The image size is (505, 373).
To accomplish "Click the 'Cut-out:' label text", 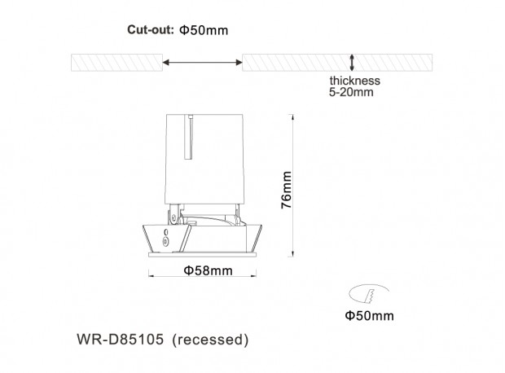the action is [x=151, y=29].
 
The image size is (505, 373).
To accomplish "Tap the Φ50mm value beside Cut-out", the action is [x=204, y=30].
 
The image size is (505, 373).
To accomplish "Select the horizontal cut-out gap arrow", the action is [x=202, y=62].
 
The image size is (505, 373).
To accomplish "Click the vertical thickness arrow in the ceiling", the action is [x=352, y=63].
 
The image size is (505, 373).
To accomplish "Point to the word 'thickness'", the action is [x=354, y=81].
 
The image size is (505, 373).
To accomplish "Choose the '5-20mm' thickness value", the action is [x=351, y=92].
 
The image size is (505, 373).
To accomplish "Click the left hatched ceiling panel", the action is [x=117, y=63].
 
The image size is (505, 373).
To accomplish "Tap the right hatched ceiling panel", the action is [x=337, y=63].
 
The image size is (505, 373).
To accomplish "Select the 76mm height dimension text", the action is [x=287, y=190].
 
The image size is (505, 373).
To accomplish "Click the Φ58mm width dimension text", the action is [x=208, y=270].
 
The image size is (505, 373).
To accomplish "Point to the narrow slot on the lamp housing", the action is [x=189, y=137].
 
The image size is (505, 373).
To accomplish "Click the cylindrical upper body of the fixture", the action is [x=204, y=159].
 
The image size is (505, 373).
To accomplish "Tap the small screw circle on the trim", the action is [x=166, y=241].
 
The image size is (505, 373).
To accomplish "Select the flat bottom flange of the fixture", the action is [x=202, y=254].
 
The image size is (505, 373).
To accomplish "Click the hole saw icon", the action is [x=369, y=293].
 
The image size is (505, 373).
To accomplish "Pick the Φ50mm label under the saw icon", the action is [x=370, y=316].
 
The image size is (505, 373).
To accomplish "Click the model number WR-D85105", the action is [x=120, y=340].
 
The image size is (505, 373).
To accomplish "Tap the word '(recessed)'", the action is [x=210, y=340].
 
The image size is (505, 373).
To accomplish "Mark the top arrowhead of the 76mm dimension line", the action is [x=292, y=116].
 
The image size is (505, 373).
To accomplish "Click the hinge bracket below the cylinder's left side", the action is [x=173, y=214].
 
